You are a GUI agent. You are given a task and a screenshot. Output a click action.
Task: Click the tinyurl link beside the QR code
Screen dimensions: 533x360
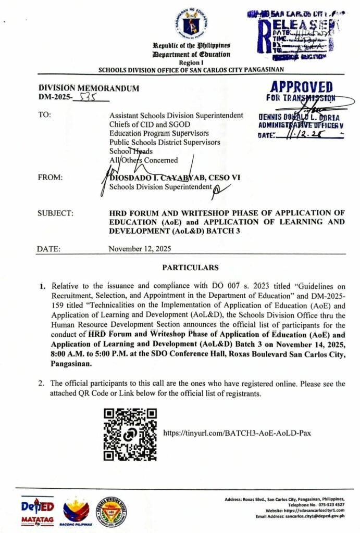[x=237, y=433]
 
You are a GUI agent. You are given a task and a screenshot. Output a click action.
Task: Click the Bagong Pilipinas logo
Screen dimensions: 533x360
[x=78, y=511]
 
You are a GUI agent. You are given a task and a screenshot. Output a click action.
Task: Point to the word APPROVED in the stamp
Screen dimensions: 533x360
[x=301, y=87]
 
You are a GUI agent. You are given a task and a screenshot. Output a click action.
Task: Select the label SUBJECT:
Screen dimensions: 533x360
[x=55, y=213]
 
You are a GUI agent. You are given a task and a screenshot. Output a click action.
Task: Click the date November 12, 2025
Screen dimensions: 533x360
[x=140, y=249]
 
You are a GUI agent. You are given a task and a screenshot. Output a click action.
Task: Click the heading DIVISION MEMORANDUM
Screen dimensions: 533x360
[x=88, y=88]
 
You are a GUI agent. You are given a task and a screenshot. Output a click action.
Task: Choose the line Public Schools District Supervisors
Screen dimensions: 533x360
[x=165, y=142]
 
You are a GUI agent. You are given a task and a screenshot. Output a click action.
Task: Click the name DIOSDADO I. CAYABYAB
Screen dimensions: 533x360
[x=156, y=178]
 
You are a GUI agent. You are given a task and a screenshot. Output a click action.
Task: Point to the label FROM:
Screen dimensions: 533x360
[x=50, y=178]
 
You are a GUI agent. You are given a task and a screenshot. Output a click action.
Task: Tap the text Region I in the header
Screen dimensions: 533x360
[x=190, y=61]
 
